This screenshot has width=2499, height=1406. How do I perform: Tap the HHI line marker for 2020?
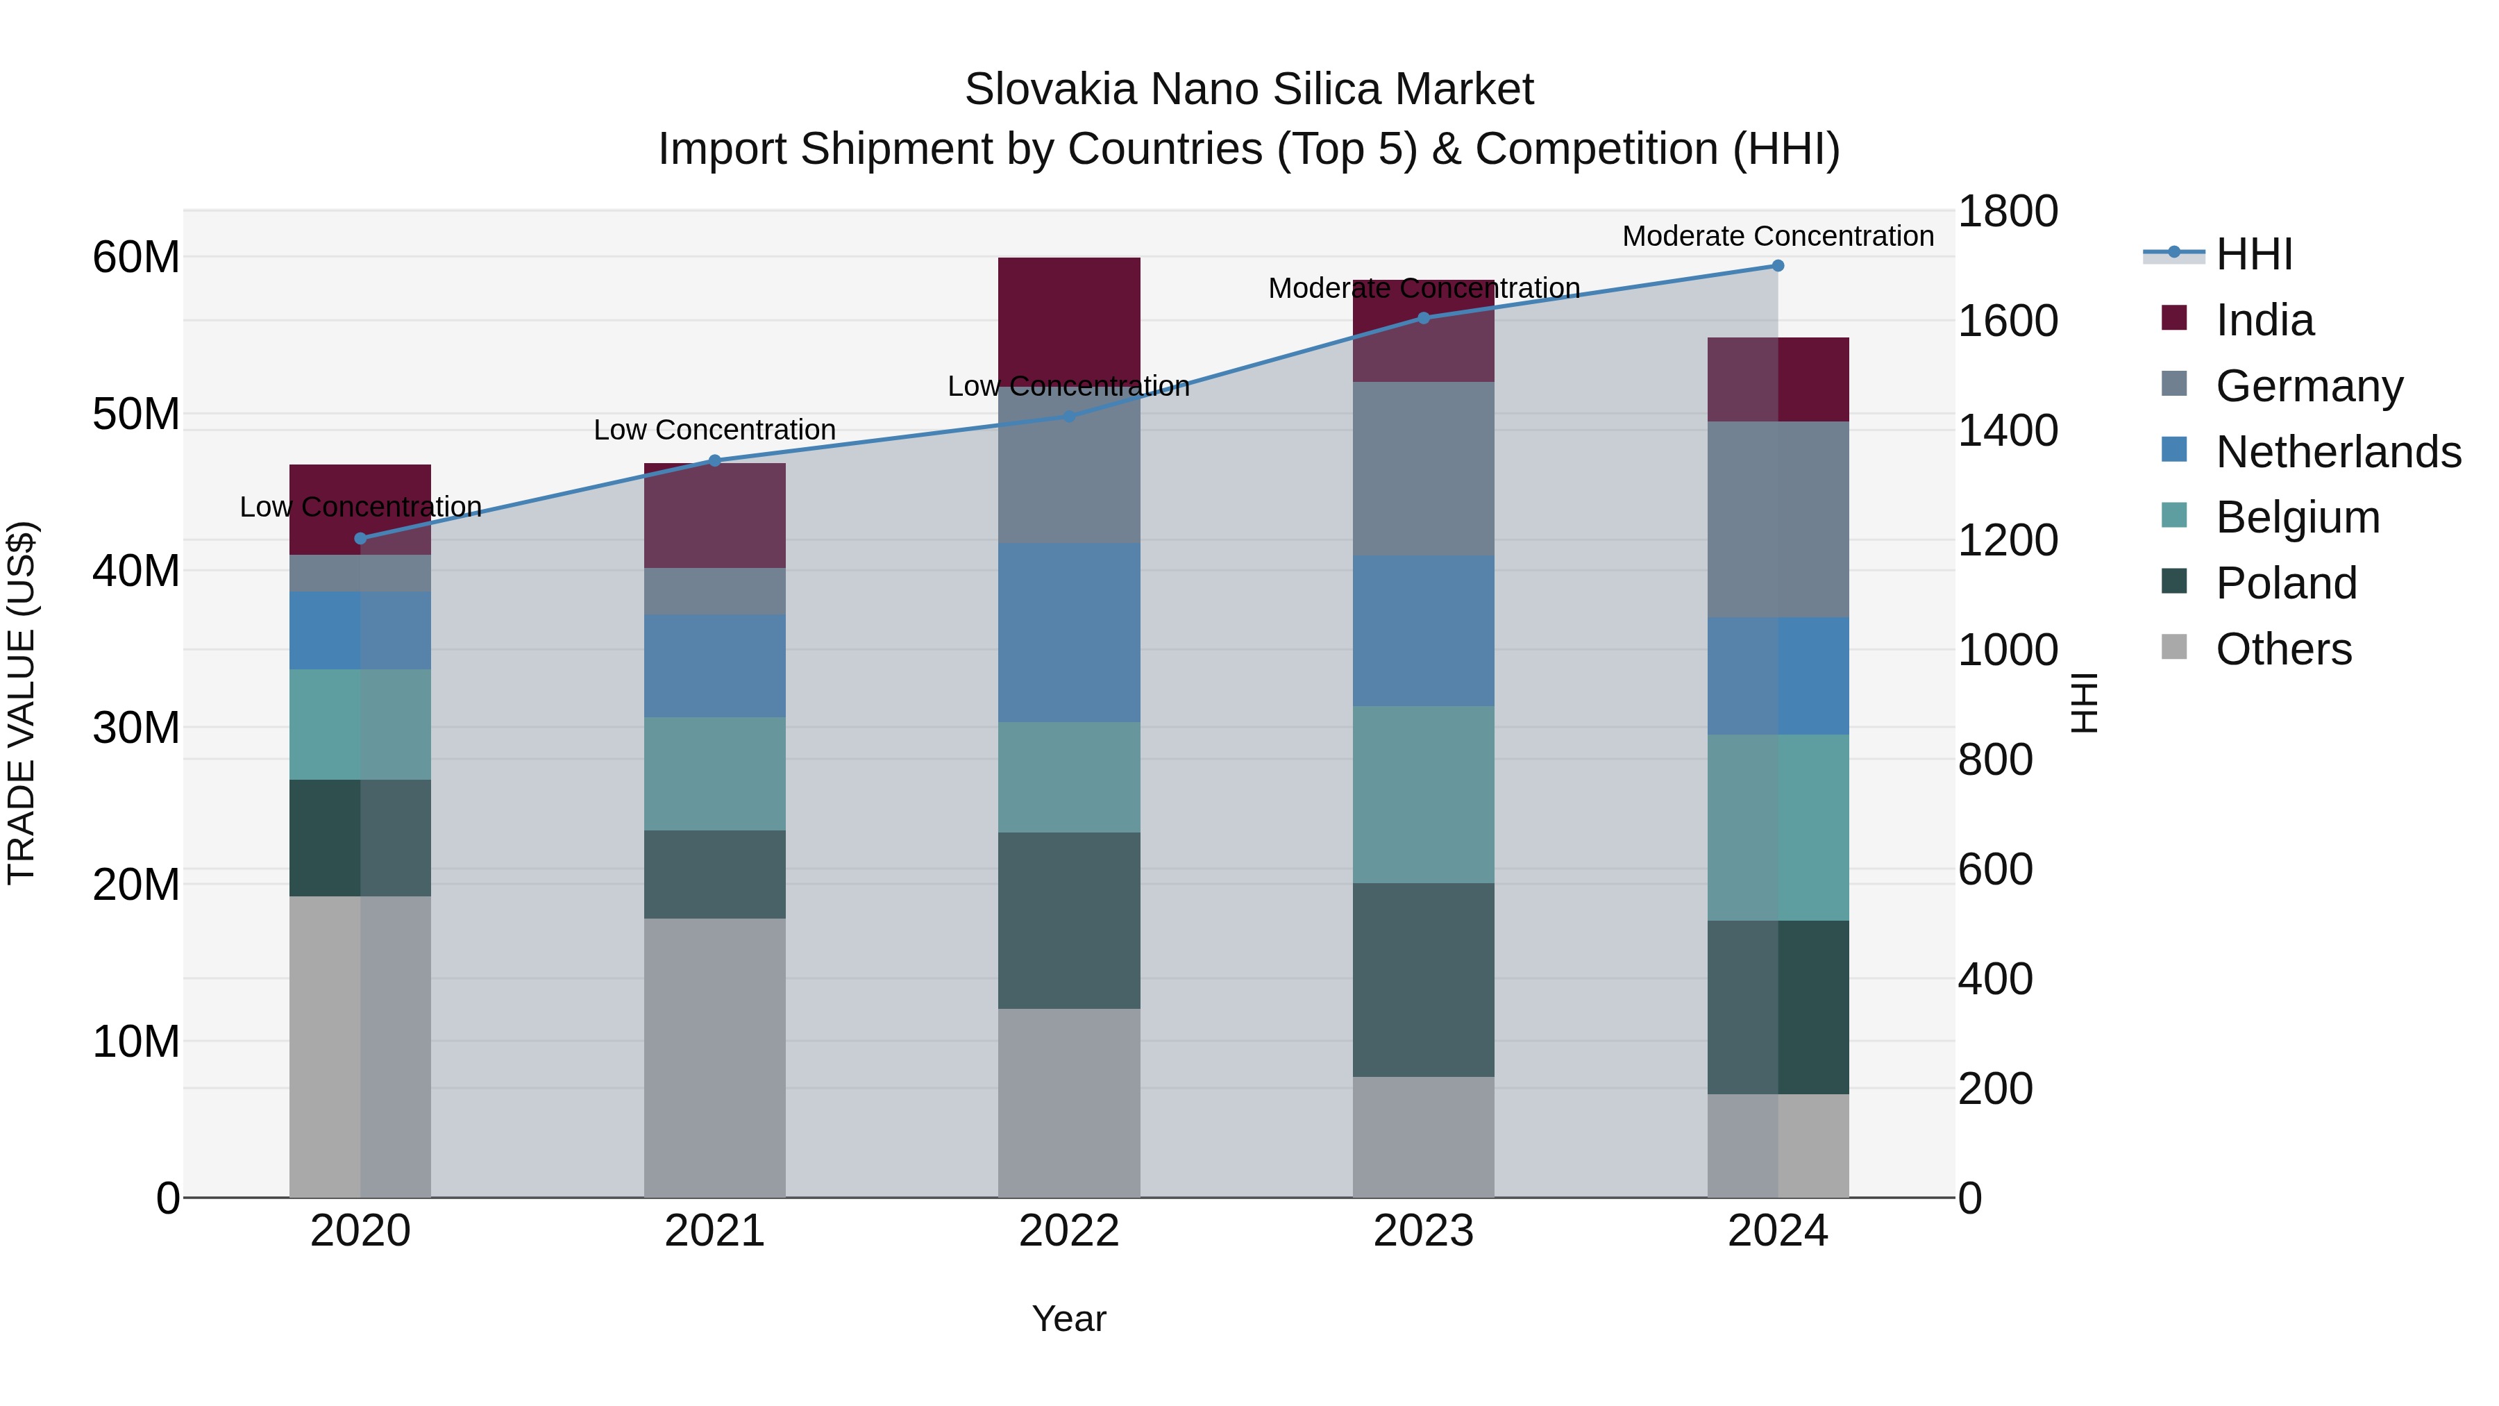click(361, 539)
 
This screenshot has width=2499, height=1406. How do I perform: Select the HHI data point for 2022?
click(1069, 417)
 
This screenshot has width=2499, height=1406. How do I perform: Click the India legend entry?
click(2264, 320)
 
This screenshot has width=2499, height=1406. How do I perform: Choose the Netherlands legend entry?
click(2338, 452)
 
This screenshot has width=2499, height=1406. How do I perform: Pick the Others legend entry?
click(2284, 649)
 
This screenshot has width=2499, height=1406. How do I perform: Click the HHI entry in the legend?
click(2253, 254)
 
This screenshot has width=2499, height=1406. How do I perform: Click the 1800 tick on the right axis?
click(2007, 212)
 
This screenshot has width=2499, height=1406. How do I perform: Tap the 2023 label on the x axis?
click(1423, 1231)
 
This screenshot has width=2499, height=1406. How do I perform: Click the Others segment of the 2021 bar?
click(715, 1057)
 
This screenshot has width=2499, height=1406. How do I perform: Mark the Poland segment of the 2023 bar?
click(1423, 980)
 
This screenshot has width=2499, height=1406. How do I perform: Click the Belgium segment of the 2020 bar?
click(361, 725)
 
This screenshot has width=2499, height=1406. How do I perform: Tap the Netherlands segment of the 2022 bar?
click(1069, 633)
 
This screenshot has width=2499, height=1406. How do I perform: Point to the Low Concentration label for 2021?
click(715, 430)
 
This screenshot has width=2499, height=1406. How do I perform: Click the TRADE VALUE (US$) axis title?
click(22, 703)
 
